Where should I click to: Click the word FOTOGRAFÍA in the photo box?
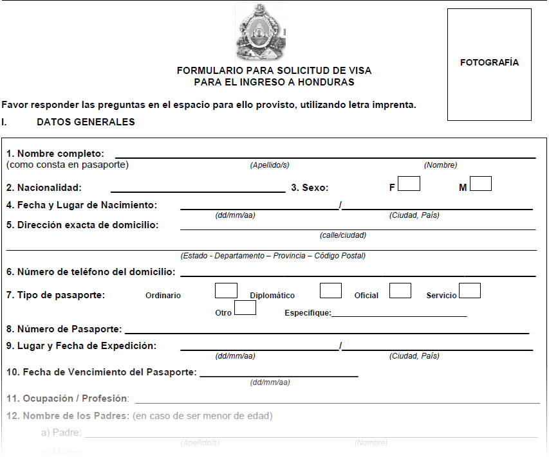(489, 62)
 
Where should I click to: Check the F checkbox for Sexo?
(409, 184)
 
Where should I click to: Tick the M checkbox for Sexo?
(480, 184)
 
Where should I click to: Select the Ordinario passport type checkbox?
(226, 291)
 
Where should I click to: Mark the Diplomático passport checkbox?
(330, 291)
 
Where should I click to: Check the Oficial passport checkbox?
(400, 291)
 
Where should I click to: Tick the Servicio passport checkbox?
(469, 291)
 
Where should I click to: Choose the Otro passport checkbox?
(245, 308)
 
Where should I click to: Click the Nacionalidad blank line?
(198, 190)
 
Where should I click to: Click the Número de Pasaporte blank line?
(326, 332)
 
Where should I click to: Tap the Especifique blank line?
(399, 315)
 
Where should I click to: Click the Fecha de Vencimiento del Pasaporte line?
(279, 375)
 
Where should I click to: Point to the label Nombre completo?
(55, 154)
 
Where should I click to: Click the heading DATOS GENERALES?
(86, 122)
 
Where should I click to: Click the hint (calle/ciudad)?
(342, 235)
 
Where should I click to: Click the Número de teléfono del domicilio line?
(357, 275)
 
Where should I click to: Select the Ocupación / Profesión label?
(68, 399)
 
